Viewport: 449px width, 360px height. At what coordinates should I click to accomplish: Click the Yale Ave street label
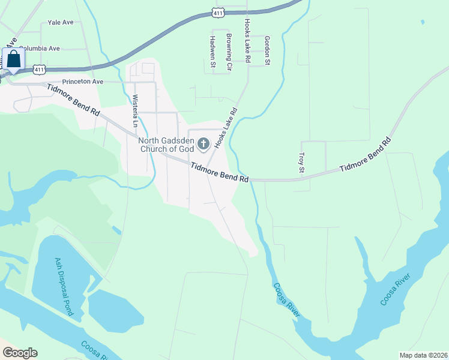click(60, 22)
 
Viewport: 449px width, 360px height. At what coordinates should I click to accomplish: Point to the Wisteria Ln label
click(136, 111)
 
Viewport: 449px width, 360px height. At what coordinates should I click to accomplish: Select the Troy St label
click(302, 163)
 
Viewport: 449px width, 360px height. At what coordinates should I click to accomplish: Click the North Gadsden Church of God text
click(167, 145)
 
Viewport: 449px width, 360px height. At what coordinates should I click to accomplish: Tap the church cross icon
click(203, 143)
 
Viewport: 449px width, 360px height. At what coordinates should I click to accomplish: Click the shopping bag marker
click(13, 61)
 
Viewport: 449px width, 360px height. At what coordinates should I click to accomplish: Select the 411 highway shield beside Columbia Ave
click(40, 70)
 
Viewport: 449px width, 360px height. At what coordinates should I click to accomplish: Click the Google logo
click(20, 353)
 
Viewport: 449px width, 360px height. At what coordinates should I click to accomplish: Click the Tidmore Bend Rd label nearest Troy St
click(365, 157)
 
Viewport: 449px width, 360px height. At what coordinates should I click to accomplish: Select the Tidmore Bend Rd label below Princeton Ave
click(73, 99)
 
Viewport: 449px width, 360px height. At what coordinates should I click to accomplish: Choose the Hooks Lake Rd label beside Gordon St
click(247, 40)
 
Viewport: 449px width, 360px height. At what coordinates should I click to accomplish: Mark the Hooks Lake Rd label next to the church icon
click(226, 128)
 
